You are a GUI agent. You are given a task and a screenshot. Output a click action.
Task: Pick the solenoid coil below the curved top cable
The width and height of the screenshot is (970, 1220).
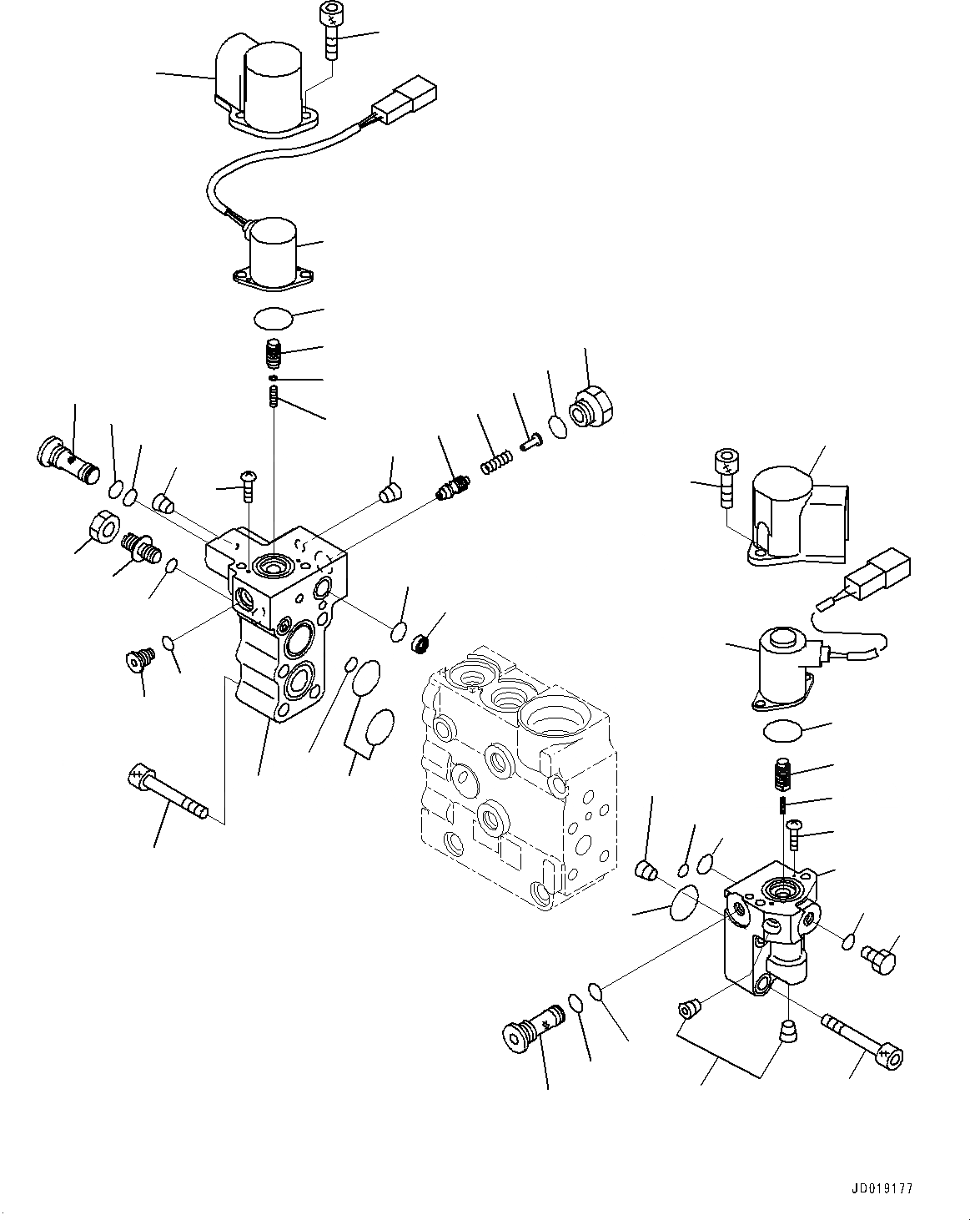coord(274,248)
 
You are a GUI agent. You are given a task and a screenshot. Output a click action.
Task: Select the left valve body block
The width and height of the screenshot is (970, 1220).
coord(275,618)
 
